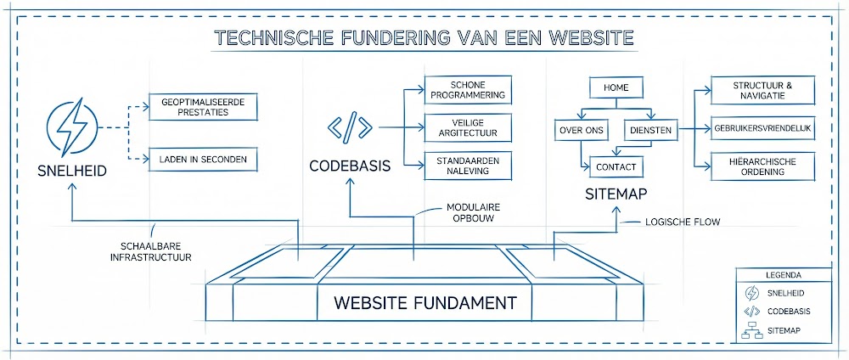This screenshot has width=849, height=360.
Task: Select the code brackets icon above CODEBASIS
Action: click(x=349, y=128)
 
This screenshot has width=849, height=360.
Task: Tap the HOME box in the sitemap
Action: click(x=616, y=87)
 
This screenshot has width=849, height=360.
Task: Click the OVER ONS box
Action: click(x=580, y=130)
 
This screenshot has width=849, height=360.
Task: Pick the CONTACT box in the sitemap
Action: click(x=616, y=166)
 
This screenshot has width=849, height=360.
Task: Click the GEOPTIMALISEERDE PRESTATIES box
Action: click(x=202, y=106)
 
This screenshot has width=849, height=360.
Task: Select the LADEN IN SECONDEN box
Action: click(x=202, y=158)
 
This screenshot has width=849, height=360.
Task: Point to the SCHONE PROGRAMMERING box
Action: click(x=469, y=90)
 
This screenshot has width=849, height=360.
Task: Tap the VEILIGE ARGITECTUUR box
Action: click(x=469, y=128)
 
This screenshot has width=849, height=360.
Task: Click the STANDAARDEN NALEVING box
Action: click(x=469, y=166)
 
